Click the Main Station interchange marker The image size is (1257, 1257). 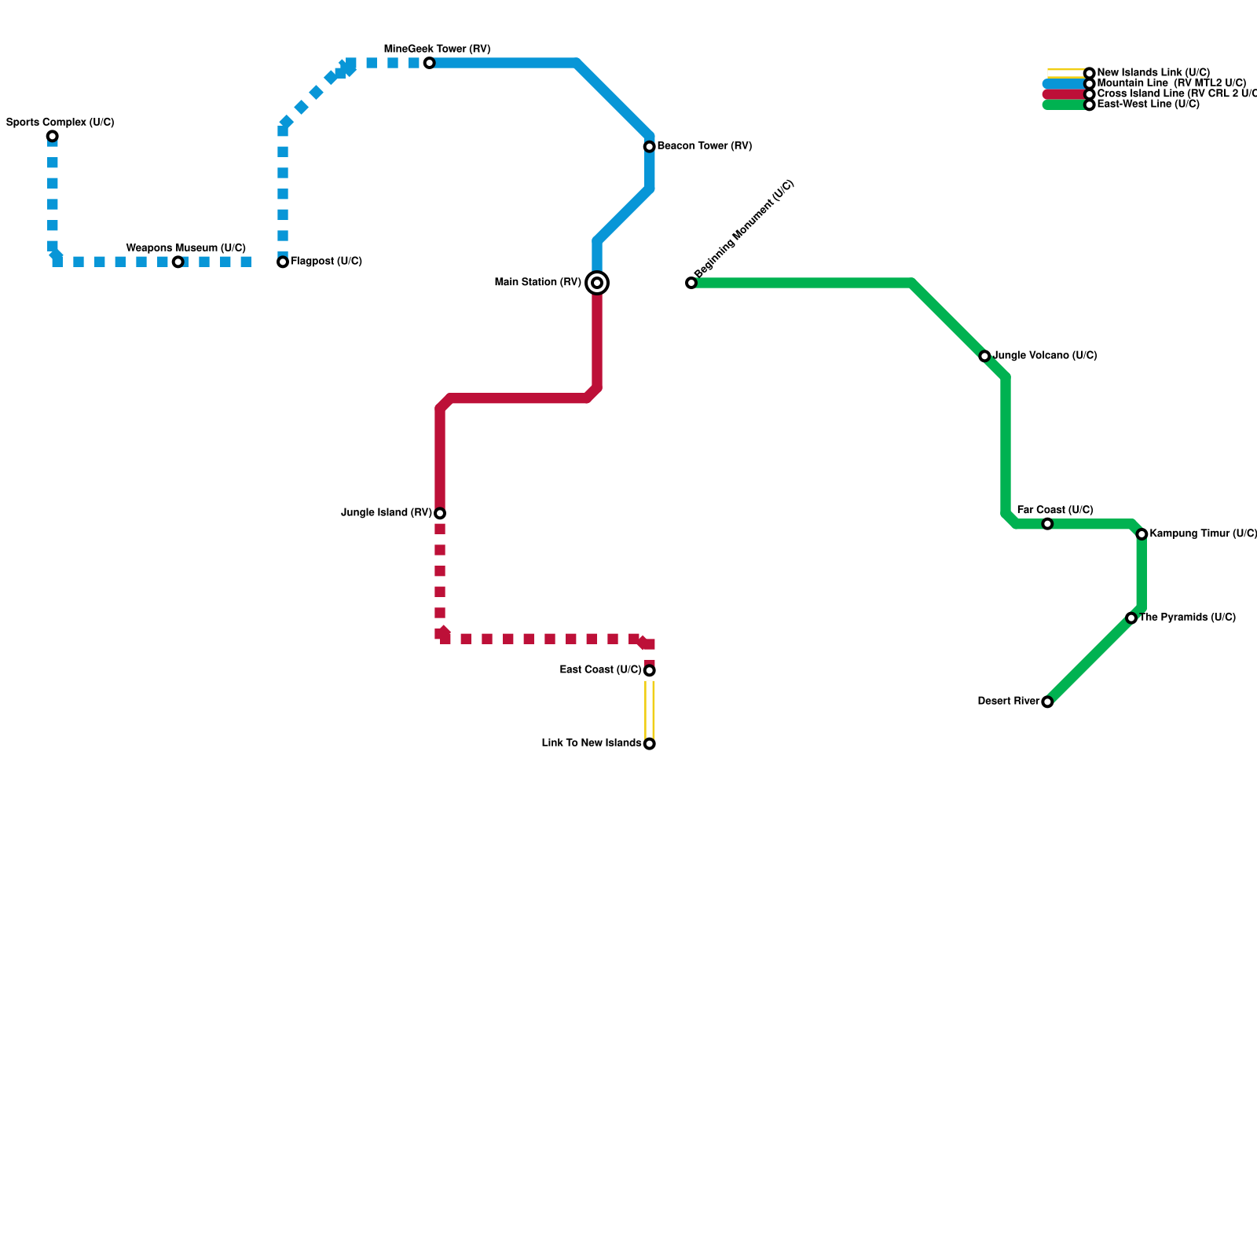click(x=597, y=283)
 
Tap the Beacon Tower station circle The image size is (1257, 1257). click(x=650, y=147)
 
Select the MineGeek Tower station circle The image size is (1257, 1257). click(x=429, y=63)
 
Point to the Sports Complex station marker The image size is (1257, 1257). click(x=53, y=137)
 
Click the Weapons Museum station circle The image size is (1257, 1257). click(x=178, y=262)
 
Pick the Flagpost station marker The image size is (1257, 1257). click(x=283, y=262)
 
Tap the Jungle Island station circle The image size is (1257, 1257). click(x=440, y=514)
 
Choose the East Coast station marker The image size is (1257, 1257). click(x=650, y=671)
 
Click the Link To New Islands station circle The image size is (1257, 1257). click(x=650, y=744)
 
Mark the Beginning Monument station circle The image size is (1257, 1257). click(x=691, y=283)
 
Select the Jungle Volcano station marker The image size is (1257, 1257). click(x=984, y=357)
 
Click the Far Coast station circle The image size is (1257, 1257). click(x=1047, y=524)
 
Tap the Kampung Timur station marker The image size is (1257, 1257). click(x=1142, y=534)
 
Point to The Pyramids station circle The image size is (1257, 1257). click(x=1131, y=618)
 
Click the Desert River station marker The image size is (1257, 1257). click(x=1047, y=702)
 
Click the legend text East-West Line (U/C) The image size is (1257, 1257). click(x=1148, y=104)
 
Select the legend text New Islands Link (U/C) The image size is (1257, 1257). click(x=1153, y=73)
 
